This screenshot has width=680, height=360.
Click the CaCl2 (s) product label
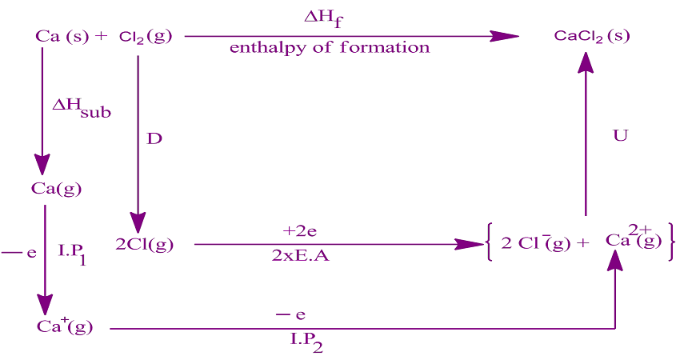593,37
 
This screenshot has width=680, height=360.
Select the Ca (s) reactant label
63,37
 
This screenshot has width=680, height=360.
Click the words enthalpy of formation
329,48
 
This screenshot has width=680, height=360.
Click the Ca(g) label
56,189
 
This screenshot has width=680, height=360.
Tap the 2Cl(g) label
144,245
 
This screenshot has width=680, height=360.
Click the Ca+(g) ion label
65,326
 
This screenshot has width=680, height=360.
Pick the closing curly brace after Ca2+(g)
670,242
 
